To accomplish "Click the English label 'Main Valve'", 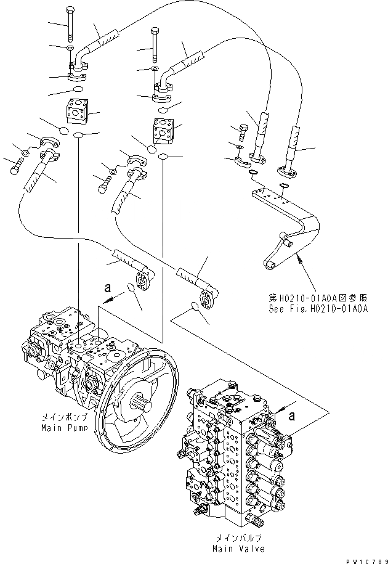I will click(239, 548).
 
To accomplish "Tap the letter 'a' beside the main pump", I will click(108, 287).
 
